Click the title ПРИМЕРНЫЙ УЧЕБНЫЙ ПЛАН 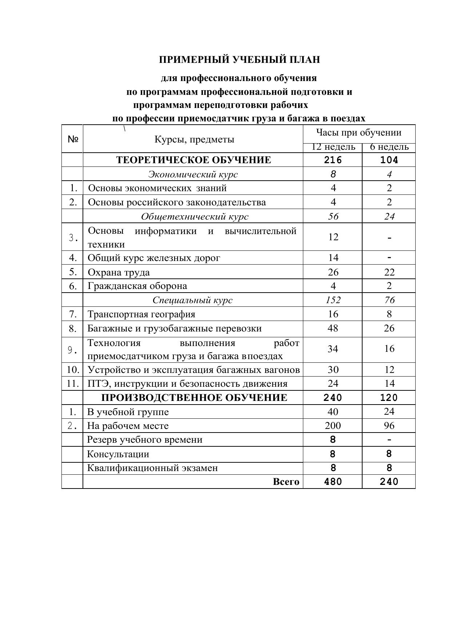(x=239, y=60)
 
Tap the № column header (x=73, y=139)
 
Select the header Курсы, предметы (x=194, y=139)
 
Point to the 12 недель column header (x=333, y=147)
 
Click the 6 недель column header (x=389, y=147)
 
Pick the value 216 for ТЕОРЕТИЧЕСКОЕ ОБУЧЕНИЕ (x=333, y=160)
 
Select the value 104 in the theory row (x=389, y=160)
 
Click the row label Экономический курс (x=193, y=174)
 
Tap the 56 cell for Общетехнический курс (x=333, y=217)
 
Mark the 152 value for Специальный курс (x=333, y=300)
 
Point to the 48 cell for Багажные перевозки (x=333, y=329)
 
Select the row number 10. (x=73, y=370)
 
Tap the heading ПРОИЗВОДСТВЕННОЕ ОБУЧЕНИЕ (x=194, y=398)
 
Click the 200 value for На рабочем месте (x=333, y=426)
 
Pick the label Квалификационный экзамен (x=152, y=468)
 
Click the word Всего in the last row (x=286, y=482)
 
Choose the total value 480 (x=333, y=482)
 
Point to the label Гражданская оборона (x=137, y=286)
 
